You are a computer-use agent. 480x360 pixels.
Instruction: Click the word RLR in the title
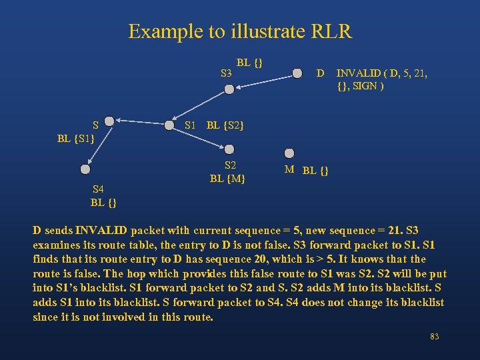pyautogui.click(x=330, y=31)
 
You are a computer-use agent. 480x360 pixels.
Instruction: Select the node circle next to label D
pyautogui.click(x=297, y=74)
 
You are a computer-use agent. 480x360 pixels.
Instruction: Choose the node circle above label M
pyautogui.click(x=289, y=154)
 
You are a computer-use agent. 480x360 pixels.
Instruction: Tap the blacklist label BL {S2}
pyautogui.click(x=225, y=125)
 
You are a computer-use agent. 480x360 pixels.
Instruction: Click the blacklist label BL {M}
pyautogui.click(x=227, y=178)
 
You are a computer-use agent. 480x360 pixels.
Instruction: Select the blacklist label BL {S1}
pyautogui.click(x=75, y=138)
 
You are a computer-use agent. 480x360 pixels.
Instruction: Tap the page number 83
pyautogui.click(x=434, y=337)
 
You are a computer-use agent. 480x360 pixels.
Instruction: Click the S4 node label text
pyautogui.click(x=98, y=189)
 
